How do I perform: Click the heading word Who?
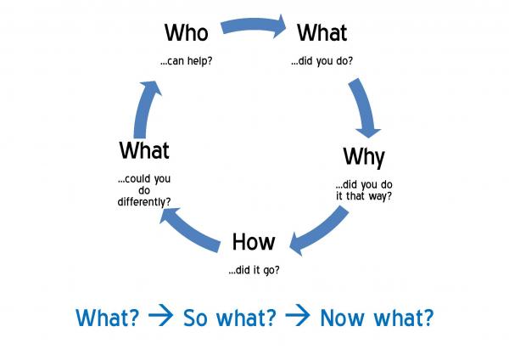tap(187, 32)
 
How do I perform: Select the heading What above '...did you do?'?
tap(322, 32)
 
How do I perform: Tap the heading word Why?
tap(364, 158)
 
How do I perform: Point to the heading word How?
tap(254, 242)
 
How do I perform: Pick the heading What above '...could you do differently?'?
tap(144, 150)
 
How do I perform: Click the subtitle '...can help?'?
tap(187, 61)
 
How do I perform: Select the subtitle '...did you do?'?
tap(322, 61)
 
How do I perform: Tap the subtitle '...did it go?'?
tap(254, 270)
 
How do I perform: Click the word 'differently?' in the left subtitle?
tap(144, 202)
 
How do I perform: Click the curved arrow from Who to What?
tap(254, 26)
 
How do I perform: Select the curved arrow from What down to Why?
tap(364, 107)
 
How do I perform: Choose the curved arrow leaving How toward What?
tap(190, 230)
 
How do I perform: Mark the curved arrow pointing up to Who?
tap(145, 109)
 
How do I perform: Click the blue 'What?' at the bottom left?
tap(107, 318)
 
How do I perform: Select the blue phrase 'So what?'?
tap(230, 318)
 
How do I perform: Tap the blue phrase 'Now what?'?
tap(377, 318)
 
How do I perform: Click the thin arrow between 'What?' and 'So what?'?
tap(160, 315)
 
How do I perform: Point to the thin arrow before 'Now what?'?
tap(298, 315)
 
